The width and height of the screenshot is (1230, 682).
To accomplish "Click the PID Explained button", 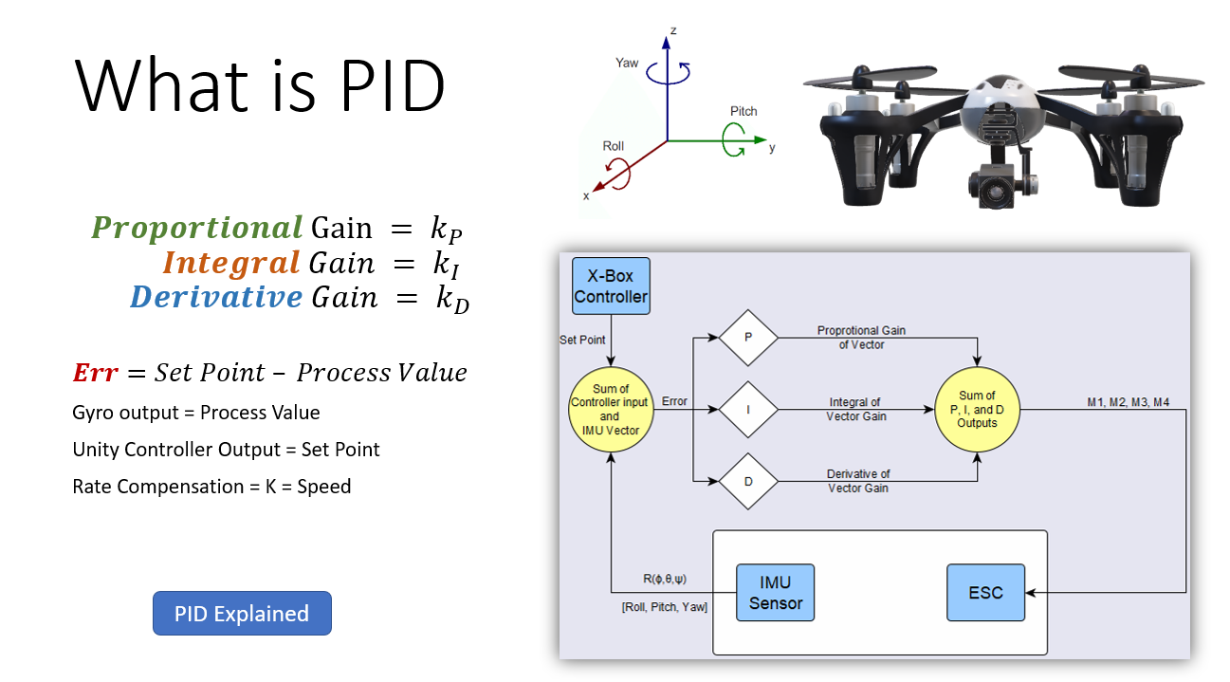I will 242,614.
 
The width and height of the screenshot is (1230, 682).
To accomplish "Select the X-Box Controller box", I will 611,286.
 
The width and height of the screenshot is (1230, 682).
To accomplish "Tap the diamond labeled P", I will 748,337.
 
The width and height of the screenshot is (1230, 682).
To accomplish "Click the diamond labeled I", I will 748,410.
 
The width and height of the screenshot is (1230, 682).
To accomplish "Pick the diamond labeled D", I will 748,481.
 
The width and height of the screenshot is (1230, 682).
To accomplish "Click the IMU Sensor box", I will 776,593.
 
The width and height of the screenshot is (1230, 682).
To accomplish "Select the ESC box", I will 985,593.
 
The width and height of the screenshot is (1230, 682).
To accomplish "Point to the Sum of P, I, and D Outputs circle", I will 977,409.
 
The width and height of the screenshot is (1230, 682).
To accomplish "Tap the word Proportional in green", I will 197,228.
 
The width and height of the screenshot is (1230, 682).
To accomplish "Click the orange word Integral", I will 231,262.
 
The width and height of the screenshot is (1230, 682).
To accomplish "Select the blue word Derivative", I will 216,297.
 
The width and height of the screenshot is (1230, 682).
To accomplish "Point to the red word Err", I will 95,372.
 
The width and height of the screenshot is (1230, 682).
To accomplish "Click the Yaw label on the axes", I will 627,63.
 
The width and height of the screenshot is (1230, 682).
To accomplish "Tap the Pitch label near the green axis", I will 744,111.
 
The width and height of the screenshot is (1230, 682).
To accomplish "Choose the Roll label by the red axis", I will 613,146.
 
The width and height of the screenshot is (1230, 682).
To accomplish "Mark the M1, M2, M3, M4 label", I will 1128,402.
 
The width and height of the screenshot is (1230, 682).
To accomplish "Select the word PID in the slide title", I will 389,85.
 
